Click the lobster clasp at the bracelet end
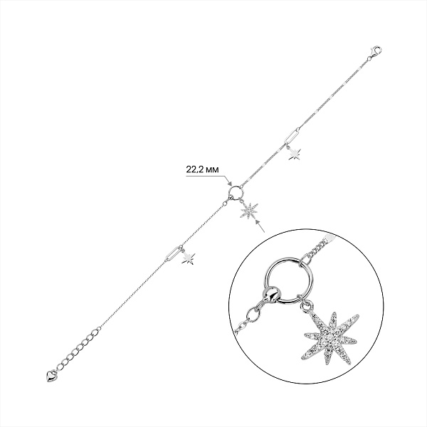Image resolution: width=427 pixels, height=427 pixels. (x=376, y=51)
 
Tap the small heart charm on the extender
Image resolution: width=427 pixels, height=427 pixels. (x=51, y=376)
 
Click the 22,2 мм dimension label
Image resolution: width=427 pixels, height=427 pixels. (x=202, y=169)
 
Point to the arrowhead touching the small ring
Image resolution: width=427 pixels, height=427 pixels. (x=229, y=184)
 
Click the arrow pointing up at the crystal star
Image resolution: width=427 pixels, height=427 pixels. (x=260, y=226)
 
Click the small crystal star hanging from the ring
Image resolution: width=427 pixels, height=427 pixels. (x=249, y=210)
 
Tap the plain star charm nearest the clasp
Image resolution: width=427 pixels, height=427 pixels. (x=295, y=154)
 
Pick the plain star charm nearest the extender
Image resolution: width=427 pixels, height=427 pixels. (x=188, y=258)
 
